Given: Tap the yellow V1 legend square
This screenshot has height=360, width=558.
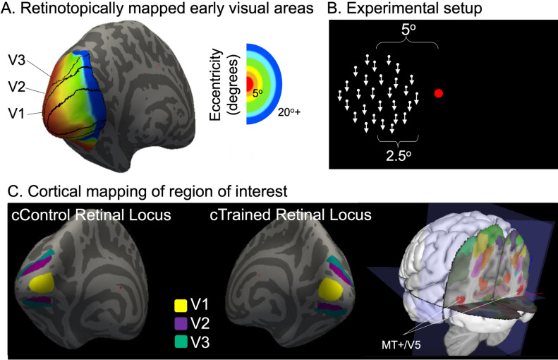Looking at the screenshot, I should (181, 306).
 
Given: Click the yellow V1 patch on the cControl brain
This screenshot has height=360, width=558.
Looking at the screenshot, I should (42, 283).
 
